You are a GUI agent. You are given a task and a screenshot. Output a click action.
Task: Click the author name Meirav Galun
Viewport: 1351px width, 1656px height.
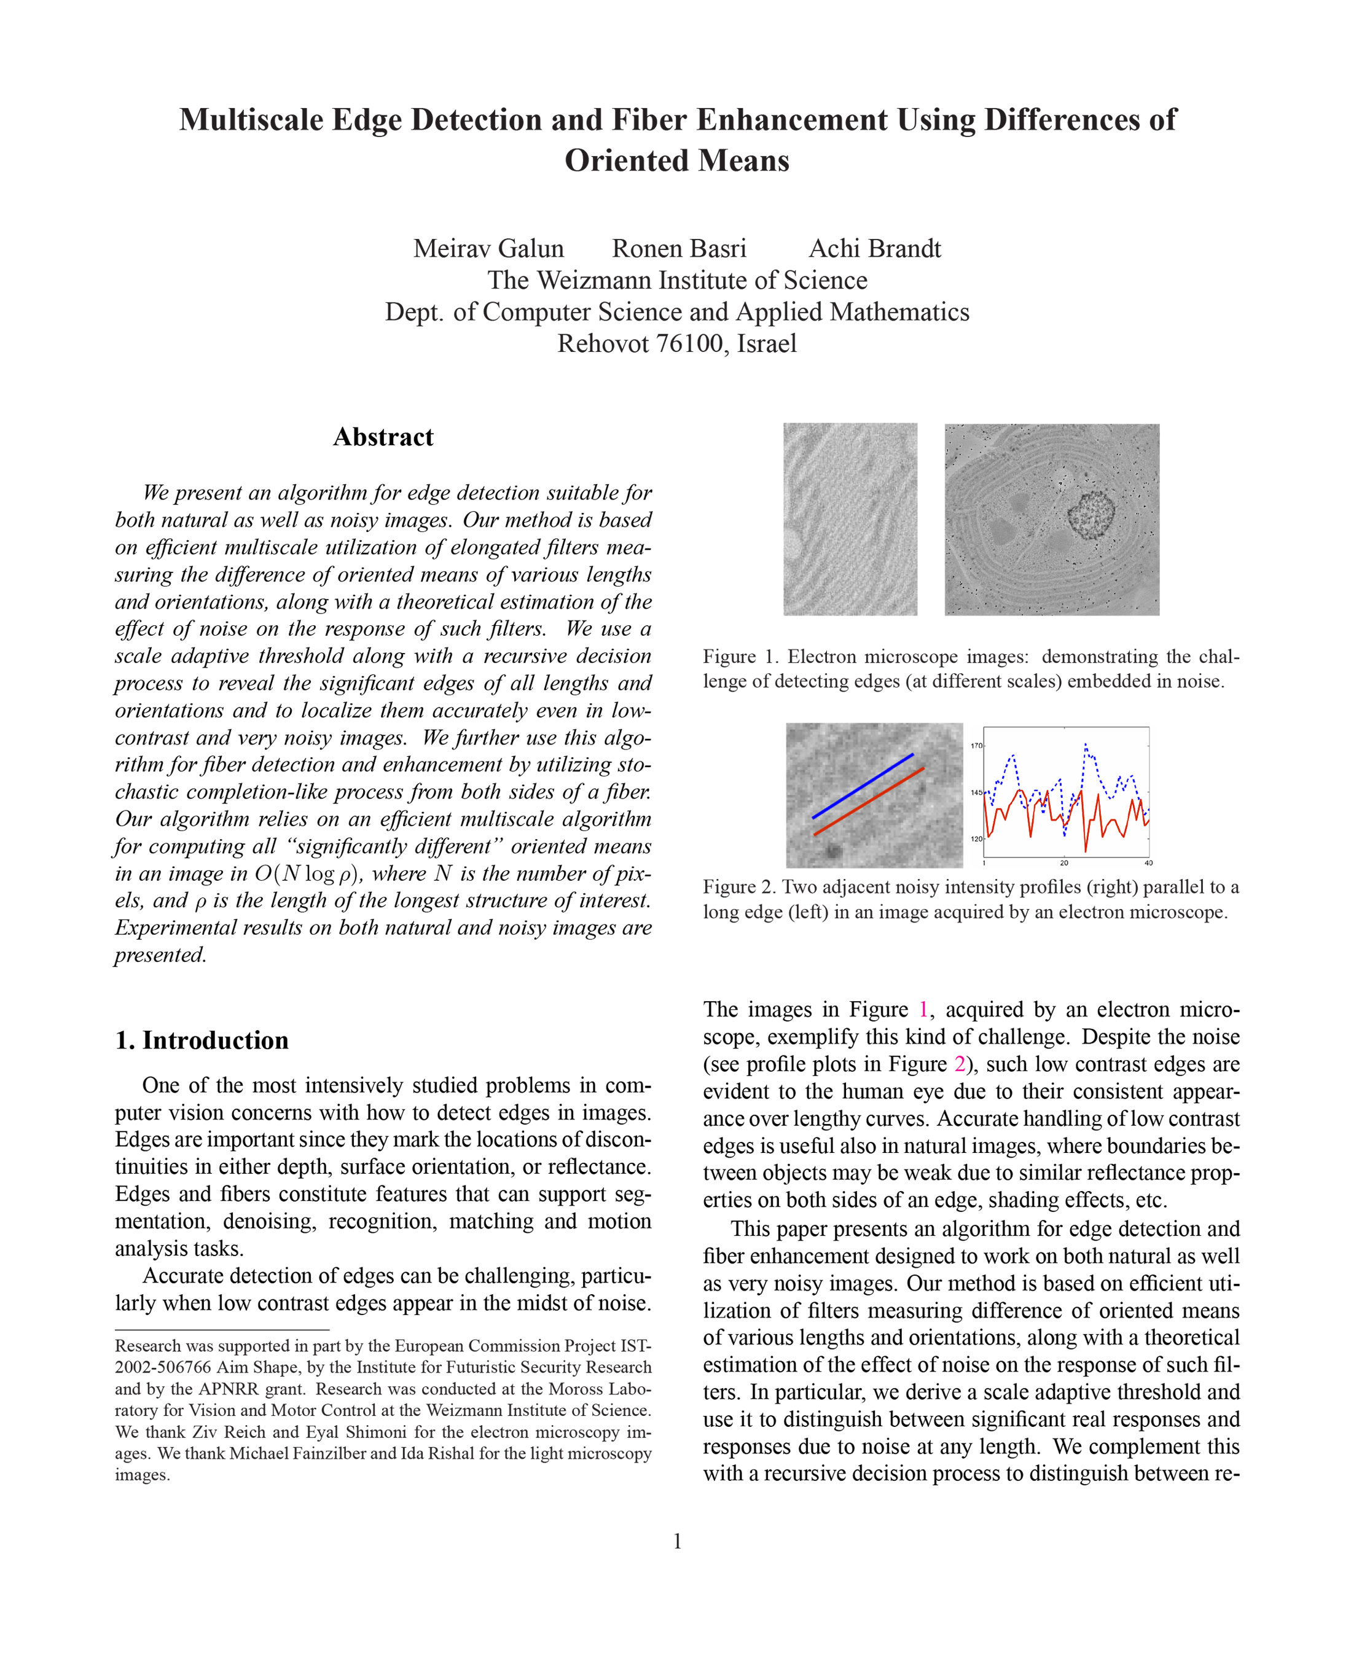tap(488, 248)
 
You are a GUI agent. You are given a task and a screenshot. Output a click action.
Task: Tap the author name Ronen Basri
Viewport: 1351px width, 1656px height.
tap(679, 248)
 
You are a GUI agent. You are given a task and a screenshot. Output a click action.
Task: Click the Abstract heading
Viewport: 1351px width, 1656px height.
tap(383, 437)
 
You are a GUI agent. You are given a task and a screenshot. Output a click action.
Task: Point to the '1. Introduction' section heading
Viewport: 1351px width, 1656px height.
tap(202, 1040)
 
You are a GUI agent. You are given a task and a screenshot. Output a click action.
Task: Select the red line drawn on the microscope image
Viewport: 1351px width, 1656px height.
tap(869, 802)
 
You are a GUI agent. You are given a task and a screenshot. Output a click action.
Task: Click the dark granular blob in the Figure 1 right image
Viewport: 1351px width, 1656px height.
tap(1091, 514)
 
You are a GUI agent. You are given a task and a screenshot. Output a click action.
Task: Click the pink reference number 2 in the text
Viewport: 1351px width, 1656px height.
tap(960, 1064)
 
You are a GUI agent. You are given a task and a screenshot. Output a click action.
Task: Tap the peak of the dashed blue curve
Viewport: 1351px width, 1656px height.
tap(1086, 744)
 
